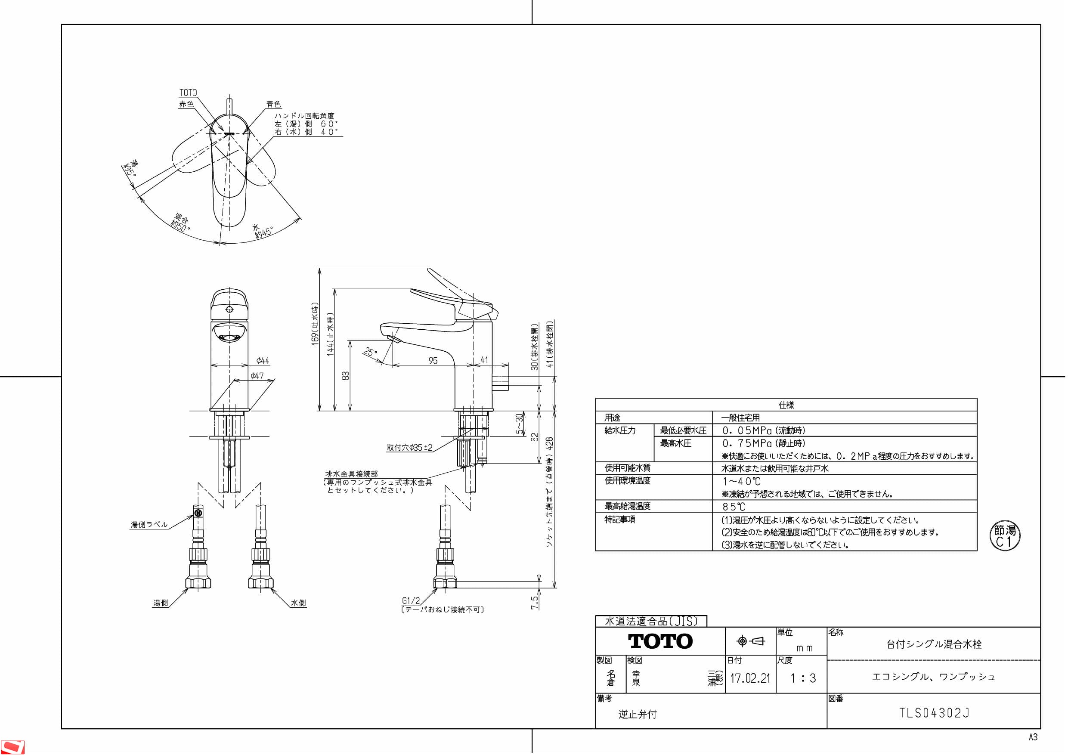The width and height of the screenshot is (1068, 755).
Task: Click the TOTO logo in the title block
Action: pyautogui.click(x=660, y=641)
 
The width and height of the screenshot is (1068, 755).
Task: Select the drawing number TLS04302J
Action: pyautogui.click(x=934, y=713)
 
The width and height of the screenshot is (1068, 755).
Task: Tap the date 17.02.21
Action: pyautogui.click(x=750, y=678)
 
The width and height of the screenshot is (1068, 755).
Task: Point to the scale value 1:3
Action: pyautogui.click(x=803, y=678)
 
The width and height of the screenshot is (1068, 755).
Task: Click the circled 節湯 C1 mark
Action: pyautogui.click(x=1005, y=536)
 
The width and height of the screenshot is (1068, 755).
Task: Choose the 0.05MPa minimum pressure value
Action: pyautogui.click(x=763, y=431)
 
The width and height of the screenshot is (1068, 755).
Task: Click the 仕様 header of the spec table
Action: pyautogui.click(x=786, y=405)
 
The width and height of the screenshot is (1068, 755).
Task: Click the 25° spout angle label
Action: pyautogui.click(x=370, y=352)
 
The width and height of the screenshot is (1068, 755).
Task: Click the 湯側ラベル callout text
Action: pyautogui.click(x=149, y=524)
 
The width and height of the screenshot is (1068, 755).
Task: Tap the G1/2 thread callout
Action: pyautogui.click(x=411, y=600)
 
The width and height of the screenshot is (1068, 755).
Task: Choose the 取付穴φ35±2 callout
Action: pyautogui.click(x=409, y=448)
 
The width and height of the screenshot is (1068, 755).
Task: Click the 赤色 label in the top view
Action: pyautogui.click(x=186, y=104)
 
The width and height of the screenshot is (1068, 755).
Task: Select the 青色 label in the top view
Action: pyautogui.click(x=273, y=104)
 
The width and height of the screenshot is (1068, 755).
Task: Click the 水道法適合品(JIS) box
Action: pyautogui.click(x=651, y=621)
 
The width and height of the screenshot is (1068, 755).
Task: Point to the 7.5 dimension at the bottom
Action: pyautogui.click(x=535, y=603)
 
